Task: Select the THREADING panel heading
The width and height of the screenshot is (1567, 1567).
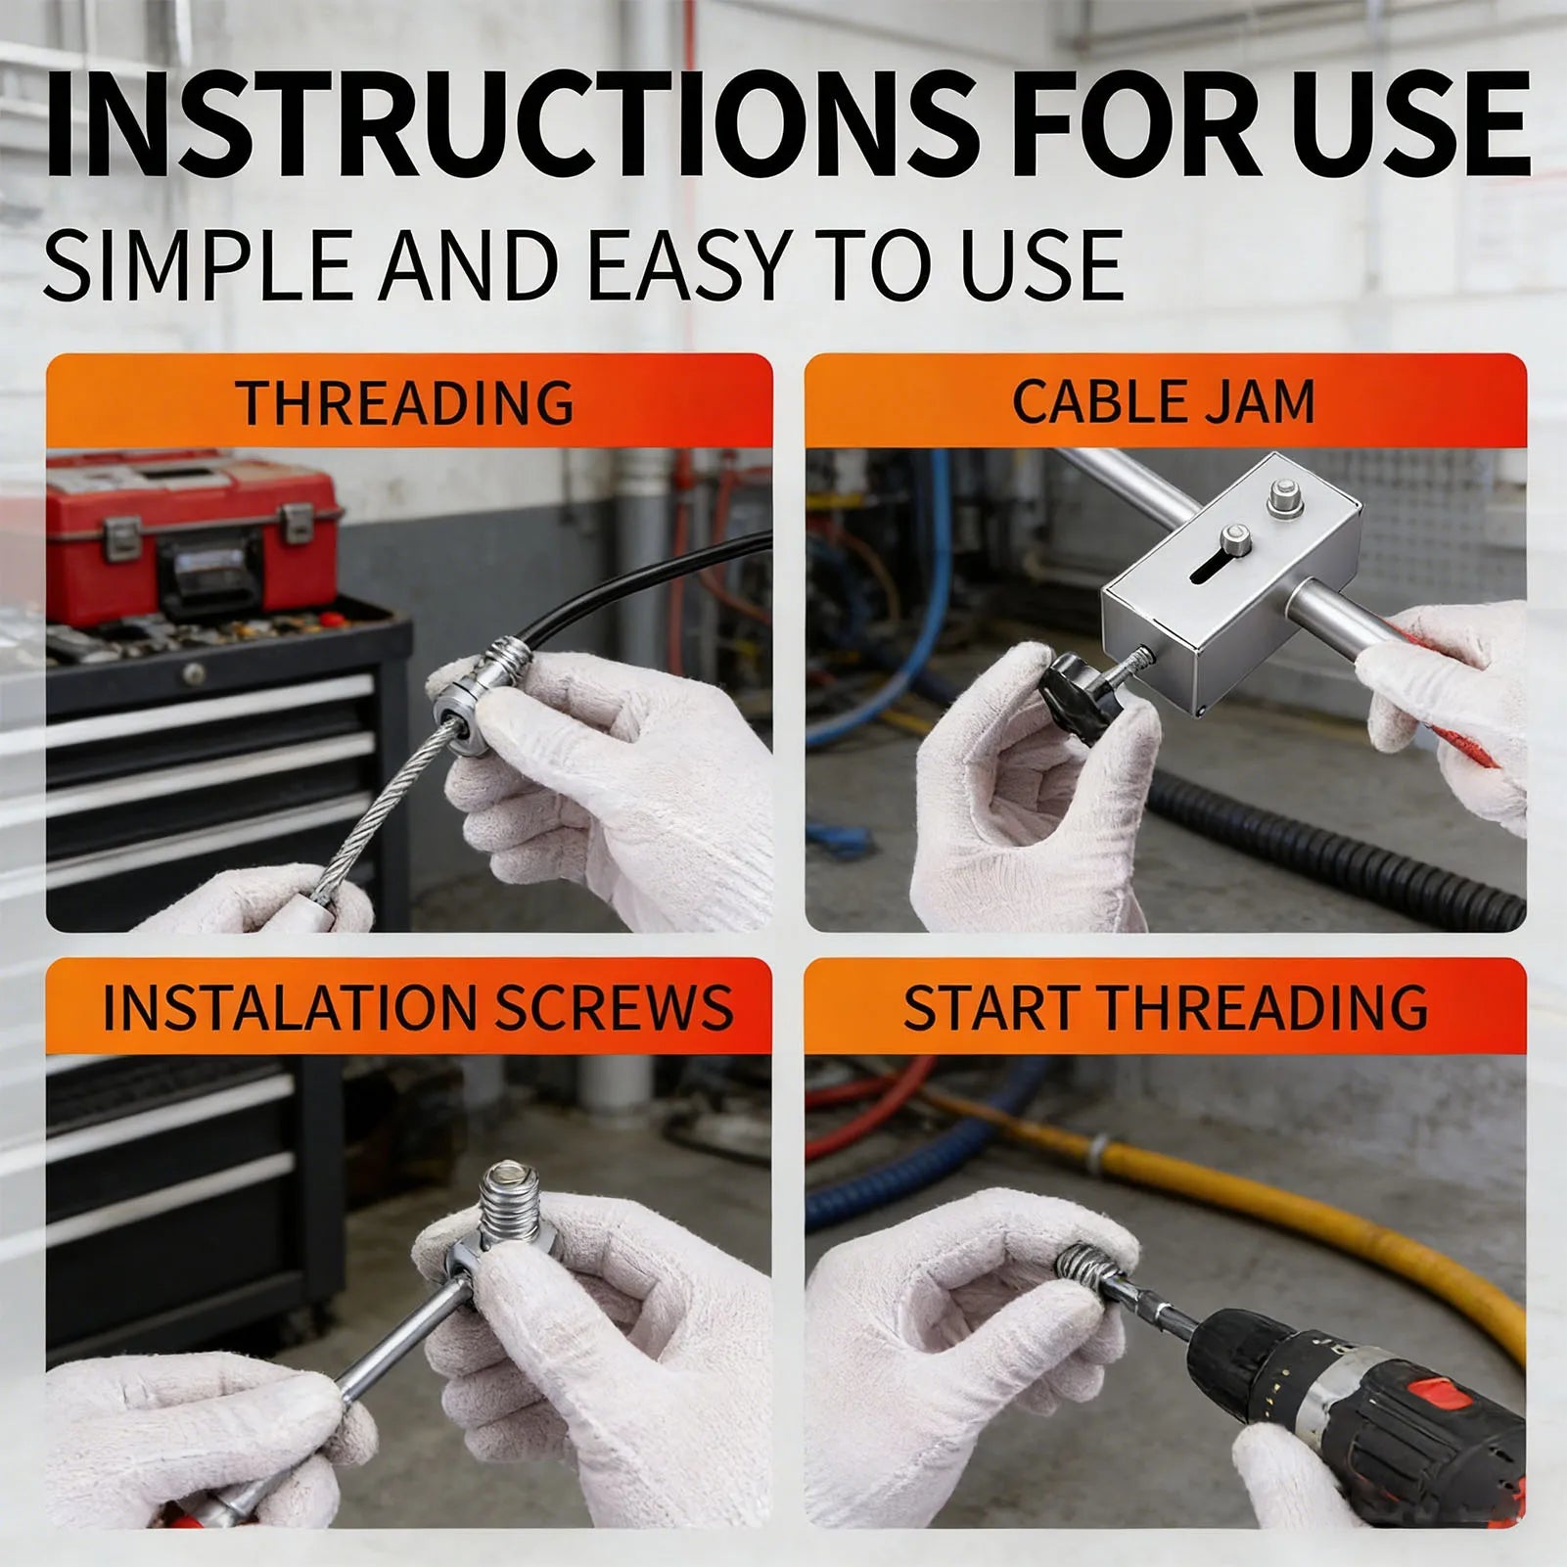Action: (405, 402)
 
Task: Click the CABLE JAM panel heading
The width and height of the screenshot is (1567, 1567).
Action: (1163, 401)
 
